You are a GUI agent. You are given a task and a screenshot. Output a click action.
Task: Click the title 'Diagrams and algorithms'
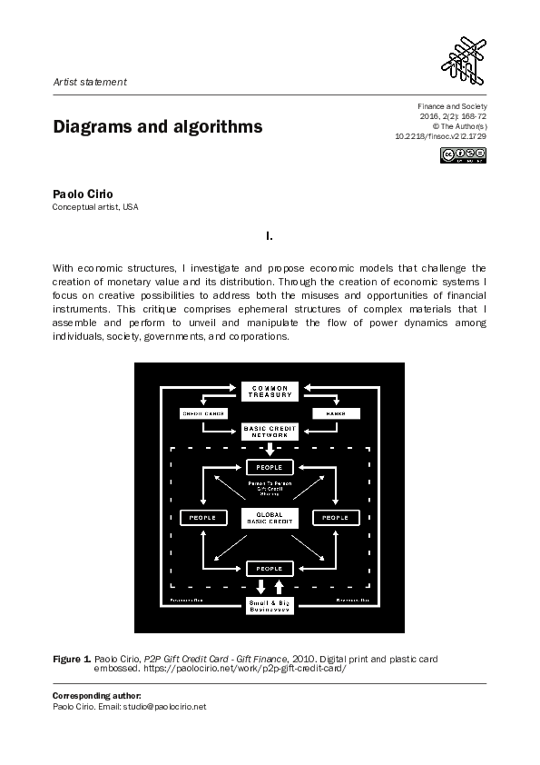pos(158,127)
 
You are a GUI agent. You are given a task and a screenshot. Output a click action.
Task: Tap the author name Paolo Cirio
pos(83,194)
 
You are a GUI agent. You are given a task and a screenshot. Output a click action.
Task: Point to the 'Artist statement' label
pos(90,82)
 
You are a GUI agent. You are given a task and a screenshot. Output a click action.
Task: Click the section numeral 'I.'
pos(270,236)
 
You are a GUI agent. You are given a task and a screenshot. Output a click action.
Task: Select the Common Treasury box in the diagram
pos(270,392)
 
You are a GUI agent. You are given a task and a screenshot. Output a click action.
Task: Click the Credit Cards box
pos(203,414)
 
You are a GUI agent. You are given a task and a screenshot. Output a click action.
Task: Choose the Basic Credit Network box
pos(270,432)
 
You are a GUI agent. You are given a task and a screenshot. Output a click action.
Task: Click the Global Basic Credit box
pos(270,518)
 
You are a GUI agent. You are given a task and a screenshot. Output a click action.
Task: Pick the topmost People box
pos(270,468)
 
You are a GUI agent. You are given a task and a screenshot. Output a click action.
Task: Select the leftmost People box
pos(203,517)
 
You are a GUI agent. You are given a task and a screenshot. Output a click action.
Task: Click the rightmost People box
pos(336,517)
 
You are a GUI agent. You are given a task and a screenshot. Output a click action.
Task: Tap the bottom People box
pos(270,569)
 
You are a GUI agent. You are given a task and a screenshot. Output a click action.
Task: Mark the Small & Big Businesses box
pos(270,606)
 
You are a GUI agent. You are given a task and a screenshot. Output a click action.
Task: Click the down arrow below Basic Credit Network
pos(270,449)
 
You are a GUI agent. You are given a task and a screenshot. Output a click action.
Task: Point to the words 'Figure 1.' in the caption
pos(73,656)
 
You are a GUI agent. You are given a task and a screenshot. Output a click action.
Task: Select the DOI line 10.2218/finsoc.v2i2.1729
pos(440,135)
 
